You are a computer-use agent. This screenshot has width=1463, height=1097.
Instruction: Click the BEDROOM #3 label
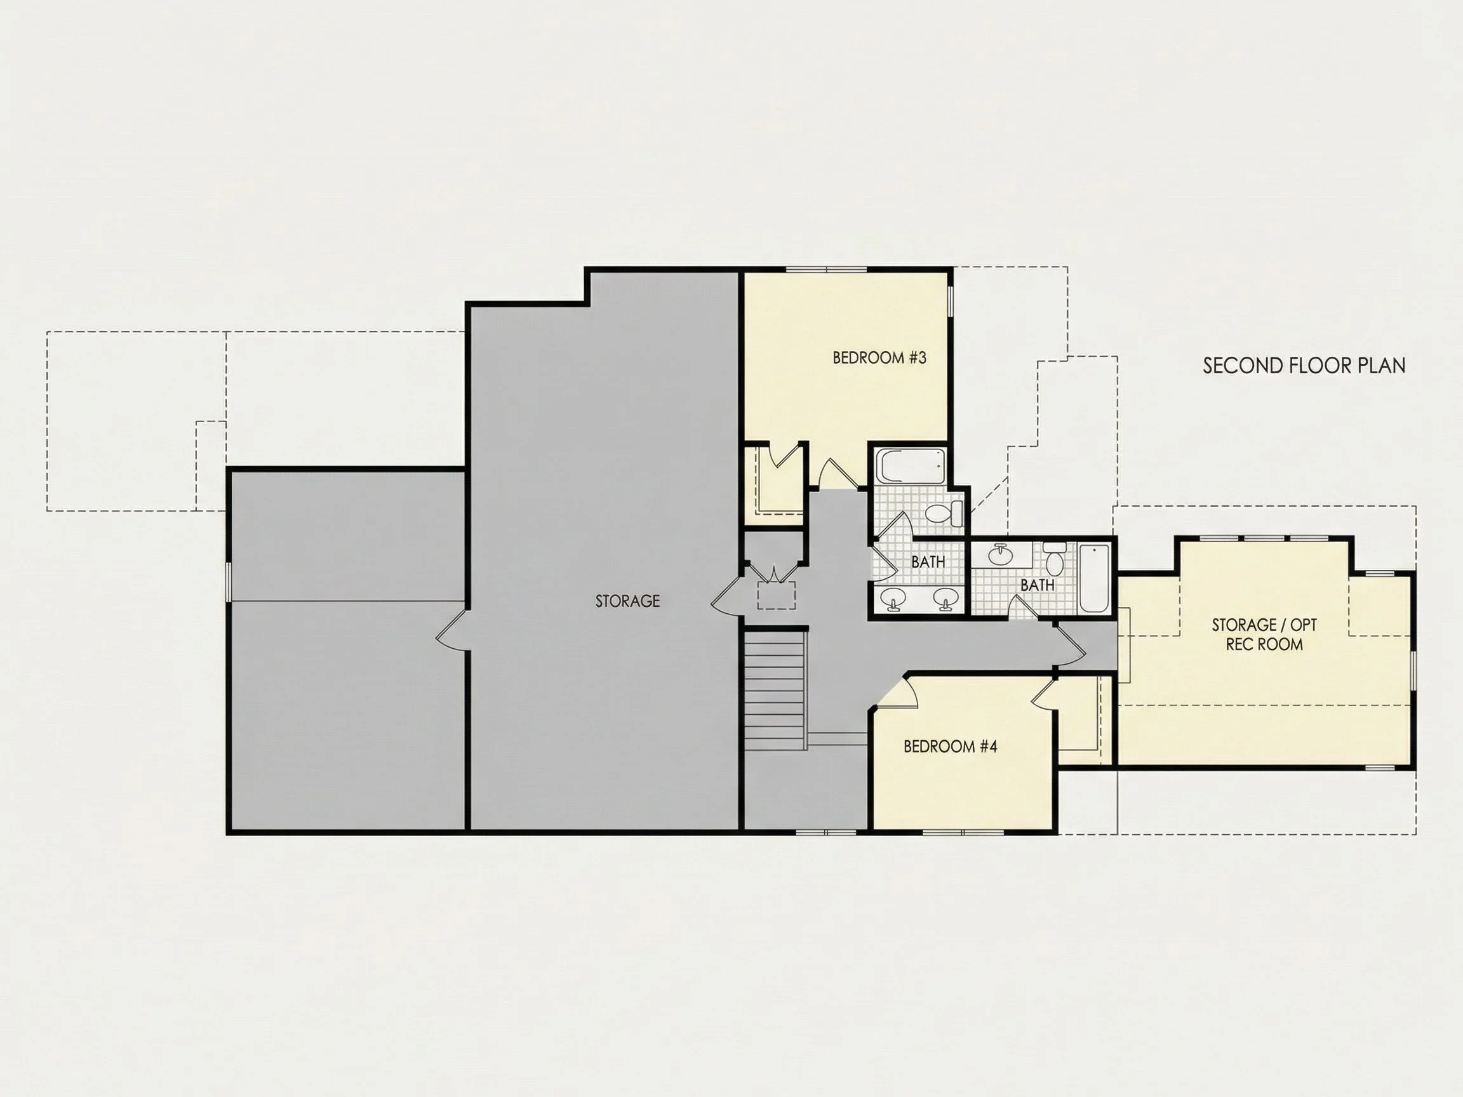point(879,358)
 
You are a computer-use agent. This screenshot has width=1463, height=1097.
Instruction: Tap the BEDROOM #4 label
point(950,747)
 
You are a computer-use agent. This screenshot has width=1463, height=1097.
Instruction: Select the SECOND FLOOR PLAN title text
point(1304,366)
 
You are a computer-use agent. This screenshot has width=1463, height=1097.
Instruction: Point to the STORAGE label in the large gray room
point(627,601)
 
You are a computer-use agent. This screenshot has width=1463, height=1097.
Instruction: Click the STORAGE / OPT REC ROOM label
point(1264,634)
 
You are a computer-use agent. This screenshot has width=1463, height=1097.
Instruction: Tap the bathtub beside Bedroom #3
point(911,466)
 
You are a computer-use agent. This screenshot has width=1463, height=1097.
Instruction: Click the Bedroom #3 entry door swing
point(834,473)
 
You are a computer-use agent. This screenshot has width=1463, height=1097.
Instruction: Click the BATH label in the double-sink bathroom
point(928,562)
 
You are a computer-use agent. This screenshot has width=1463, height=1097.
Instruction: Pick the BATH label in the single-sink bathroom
point(1037,585)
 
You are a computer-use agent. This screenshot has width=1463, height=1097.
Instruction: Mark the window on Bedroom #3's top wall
point(826,270)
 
